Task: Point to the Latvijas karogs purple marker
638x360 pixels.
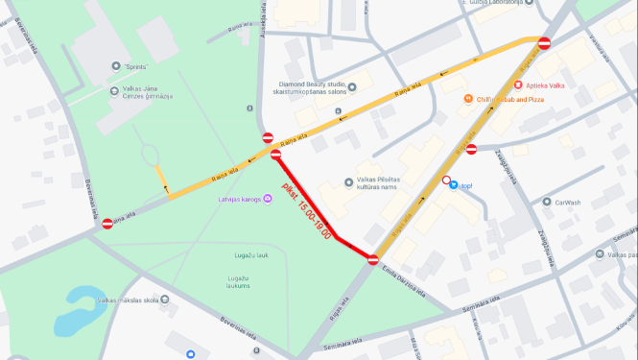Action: pyautogui.click(x=267, y=199)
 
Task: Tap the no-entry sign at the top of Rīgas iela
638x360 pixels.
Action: pyautogui.click(x=544, y=43)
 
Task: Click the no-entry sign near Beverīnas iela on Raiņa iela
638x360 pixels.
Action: pyautogui.click(x=107, y=224)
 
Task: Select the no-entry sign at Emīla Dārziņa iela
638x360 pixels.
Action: pyautogui.click(x=373, y=259)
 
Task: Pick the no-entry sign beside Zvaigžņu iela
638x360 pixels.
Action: pyautogui.click(x=472, y=149)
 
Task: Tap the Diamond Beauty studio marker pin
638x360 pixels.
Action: pyautogui.click(x=352, y=87)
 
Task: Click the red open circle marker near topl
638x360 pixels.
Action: pyautogui.click(x=446, y=180)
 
